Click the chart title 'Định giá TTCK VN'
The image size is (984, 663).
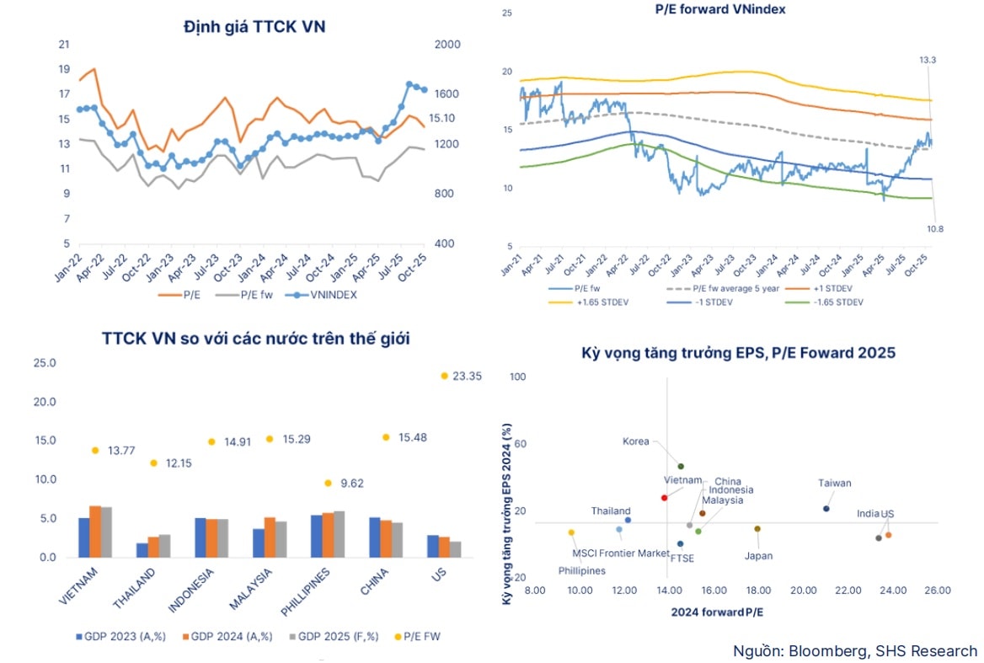(x=254, y=26)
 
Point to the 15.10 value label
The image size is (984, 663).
(x=443, y=119)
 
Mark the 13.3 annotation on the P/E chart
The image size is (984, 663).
(x=928, y=61)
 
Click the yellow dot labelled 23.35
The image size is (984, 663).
(x=443, y=376)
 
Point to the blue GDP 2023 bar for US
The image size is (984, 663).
(x=432, y=546)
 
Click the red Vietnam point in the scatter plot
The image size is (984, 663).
(x=664, y=498)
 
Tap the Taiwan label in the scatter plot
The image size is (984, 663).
(x=834, y=483)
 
